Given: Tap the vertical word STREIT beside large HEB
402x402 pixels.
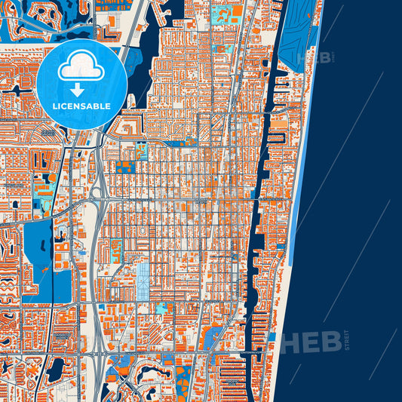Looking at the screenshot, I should pyautogui.click(x=346, y=339).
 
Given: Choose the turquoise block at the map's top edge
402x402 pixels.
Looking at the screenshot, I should pyautogui.click(x=222, y=13).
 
